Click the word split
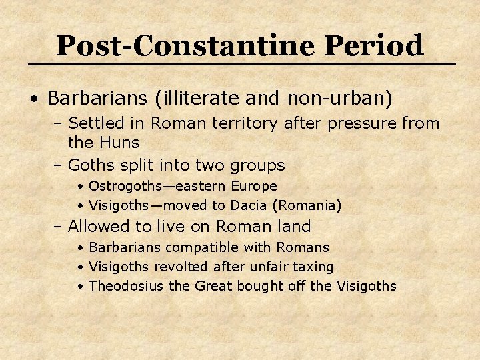[134, 165]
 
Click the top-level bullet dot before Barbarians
[34, 99]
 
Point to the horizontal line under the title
[240, 64]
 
